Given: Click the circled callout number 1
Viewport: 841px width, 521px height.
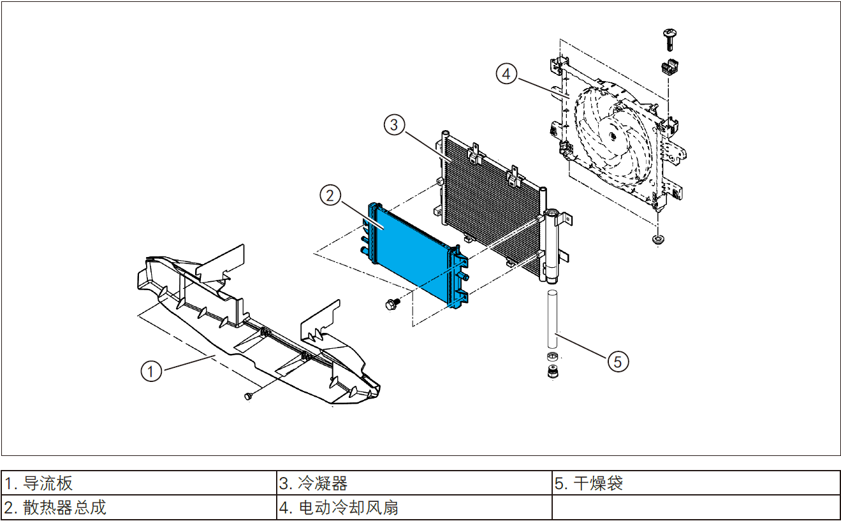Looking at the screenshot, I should [151, 371].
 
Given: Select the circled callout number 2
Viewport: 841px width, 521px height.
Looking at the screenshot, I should [330, 195].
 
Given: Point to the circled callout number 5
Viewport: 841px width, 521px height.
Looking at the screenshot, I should [617, 361].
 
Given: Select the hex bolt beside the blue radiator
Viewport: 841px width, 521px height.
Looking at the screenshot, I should [391, 304].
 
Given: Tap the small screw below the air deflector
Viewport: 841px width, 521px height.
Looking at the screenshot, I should [249, 397].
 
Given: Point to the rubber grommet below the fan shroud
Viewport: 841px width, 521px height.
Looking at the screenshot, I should [656, 240].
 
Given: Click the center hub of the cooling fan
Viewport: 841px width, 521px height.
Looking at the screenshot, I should [613, 135].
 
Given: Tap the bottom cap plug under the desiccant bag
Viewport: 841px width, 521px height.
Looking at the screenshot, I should [552, 372].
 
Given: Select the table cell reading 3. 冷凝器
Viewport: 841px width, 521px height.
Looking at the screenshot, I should [414, 483].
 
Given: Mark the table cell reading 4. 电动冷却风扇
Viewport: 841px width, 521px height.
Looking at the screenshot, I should [414, 508].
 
